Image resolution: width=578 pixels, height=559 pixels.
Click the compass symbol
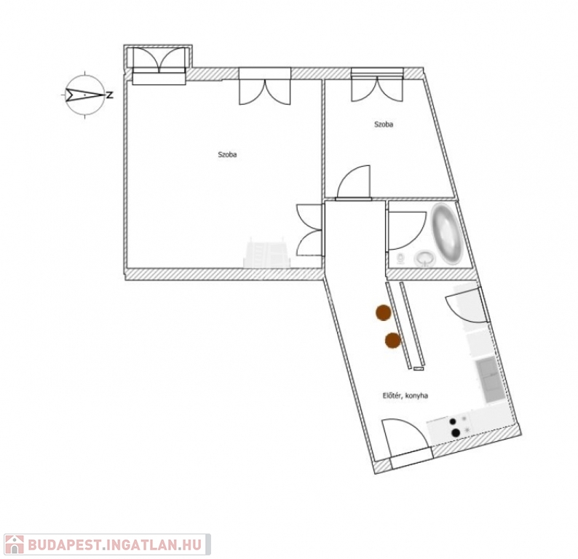click(x=86, y=95)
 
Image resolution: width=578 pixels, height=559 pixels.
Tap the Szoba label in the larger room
click(x=227, y=154)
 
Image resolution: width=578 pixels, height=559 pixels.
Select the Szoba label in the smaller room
click(x=384, y=124)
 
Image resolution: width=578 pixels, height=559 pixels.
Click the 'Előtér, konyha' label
click(x=405, y=395)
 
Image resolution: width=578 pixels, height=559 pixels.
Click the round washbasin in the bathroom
click(x=424, y=258)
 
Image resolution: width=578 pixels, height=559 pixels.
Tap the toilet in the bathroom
click(x=400, y=258)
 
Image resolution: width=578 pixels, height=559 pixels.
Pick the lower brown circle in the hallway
click(x=393, y=339)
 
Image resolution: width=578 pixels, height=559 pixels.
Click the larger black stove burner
click(x=456, y=432)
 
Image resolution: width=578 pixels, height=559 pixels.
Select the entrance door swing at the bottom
click(x=404, y=438)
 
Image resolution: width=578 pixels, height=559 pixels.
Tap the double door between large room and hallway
click(x=309, y=229)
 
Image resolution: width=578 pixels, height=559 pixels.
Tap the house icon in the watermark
click(x=13, y=544)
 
